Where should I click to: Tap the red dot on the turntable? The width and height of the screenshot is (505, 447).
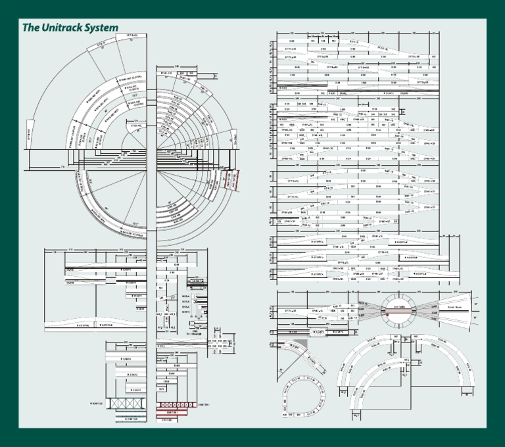coord(388,314)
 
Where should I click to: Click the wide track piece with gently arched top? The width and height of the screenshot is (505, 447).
coord(92,323)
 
